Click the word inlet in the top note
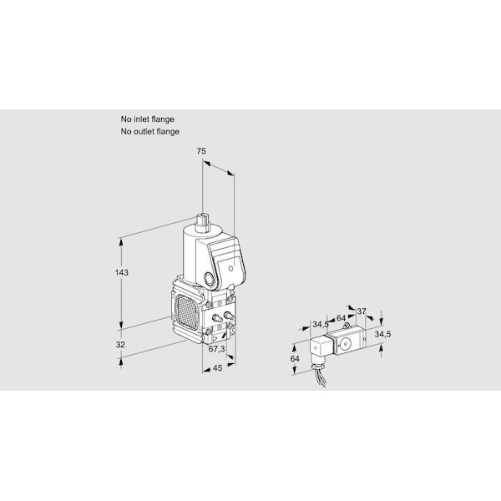click(x=142, y=119)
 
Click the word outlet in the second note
click(x=144, y=132)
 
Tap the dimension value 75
click(x=201, y=151)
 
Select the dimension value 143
click(x=121, y=272)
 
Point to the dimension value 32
click(x=120, y=345)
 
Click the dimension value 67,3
click(x=216, y=349)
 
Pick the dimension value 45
click(x=217, y=368)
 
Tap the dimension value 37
click(x=361, y=311)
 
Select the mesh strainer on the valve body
click(x=186, y=311)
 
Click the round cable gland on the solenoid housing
click(x=210, y=279)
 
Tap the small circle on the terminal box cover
click(x=231, y=269)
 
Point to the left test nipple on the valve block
click(x=217, y=317)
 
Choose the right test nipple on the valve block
click(x=229, y=316)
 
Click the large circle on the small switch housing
click(x=345, y=344)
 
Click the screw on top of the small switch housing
click(x=345, y=326)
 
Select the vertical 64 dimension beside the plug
click(x=295, y=359)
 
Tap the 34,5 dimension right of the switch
click(x=382, y=334)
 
